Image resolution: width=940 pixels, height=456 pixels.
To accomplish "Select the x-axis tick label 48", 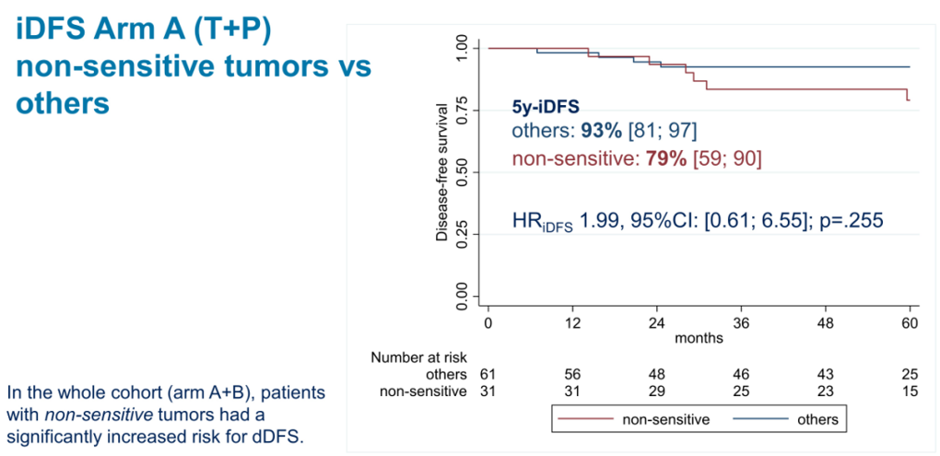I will click(x=826, y=323).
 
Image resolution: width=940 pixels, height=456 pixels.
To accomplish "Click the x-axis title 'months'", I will click(x=699, y=338).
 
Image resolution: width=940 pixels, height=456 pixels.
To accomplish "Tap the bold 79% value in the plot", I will click(x=665, y=159).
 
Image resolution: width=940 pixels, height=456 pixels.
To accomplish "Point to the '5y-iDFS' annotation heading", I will click(x=546, y=106).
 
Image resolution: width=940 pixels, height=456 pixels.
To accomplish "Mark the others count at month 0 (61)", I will click(x=488, y=375).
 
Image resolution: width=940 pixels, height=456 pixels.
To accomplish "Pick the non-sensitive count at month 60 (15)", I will click(x=911, y=392).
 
